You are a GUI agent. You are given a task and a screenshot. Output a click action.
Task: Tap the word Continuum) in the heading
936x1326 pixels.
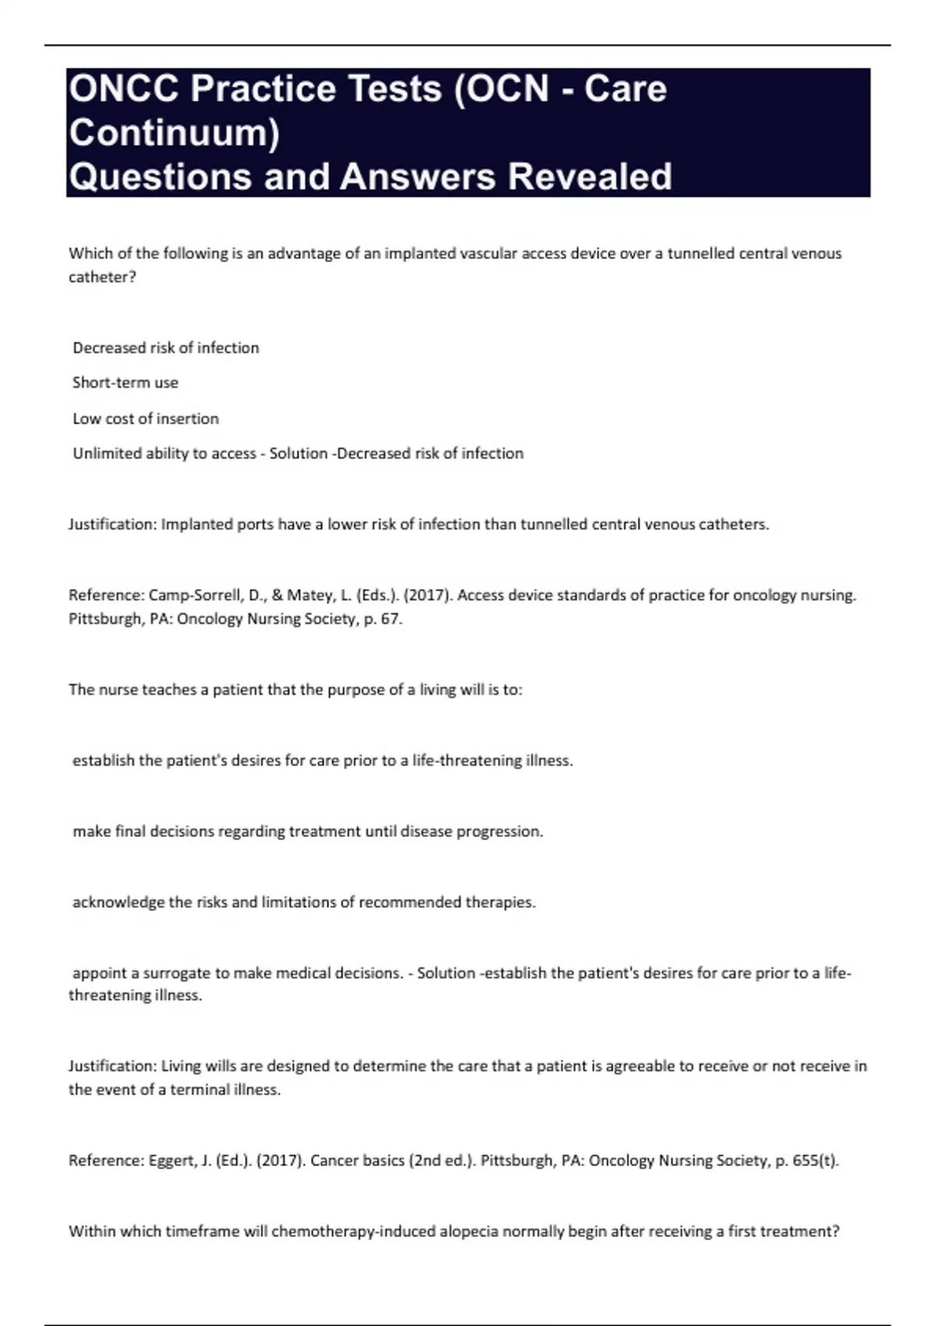[174, 133]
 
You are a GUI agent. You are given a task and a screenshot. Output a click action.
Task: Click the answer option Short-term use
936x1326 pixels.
[126, 383]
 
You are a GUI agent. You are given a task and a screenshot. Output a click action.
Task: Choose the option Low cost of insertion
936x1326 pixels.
[146, 419]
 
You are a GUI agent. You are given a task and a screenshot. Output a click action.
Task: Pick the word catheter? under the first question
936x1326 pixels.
[102, 277]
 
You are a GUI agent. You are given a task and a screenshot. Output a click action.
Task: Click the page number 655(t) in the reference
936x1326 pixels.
[814, 1161]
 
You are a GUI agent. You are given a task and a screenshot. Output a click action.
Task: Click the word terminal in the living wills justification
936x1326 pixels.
[195, 1090]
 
